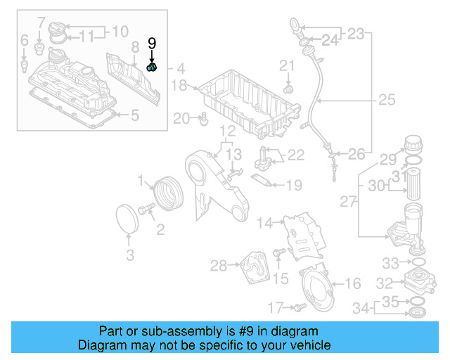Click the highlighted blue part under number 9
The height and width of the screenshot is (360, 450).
click(152, 67)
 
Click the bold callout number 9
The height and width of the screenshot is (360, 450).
click(152, 44)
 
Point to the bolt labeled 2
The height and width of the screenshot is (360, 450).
click(147, 210)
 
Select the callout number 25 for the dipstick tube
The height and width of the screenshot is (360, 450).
click(387, 101)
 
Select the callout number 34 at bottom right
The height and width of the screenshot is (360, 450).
click(361, 307)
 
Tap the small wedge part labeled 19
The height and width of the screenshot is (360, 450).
click(262, 181)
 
